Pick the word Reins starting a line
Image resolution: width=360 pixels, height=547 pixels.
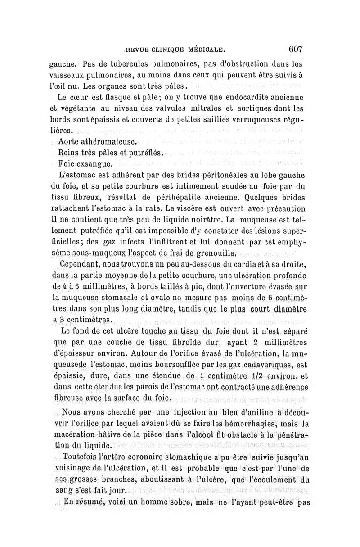tap(69, 153)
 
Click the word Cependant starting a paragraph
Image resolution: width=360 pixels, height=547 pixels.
tap(78, 265)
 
